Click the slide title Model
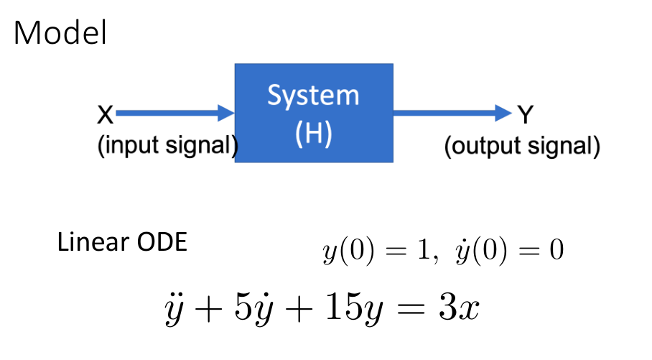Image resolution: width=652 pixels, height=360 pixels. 60,32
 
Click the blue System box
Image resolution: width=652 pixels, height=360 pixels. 314,113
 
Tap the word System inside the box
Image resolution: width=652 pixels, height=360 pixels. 314,96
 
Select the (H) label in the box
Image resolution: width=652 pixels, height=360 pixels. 314,134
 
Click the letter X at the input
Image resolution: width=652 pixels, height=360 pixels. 106,114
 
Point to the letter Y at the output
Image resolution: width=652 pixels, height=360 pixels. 525,115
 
